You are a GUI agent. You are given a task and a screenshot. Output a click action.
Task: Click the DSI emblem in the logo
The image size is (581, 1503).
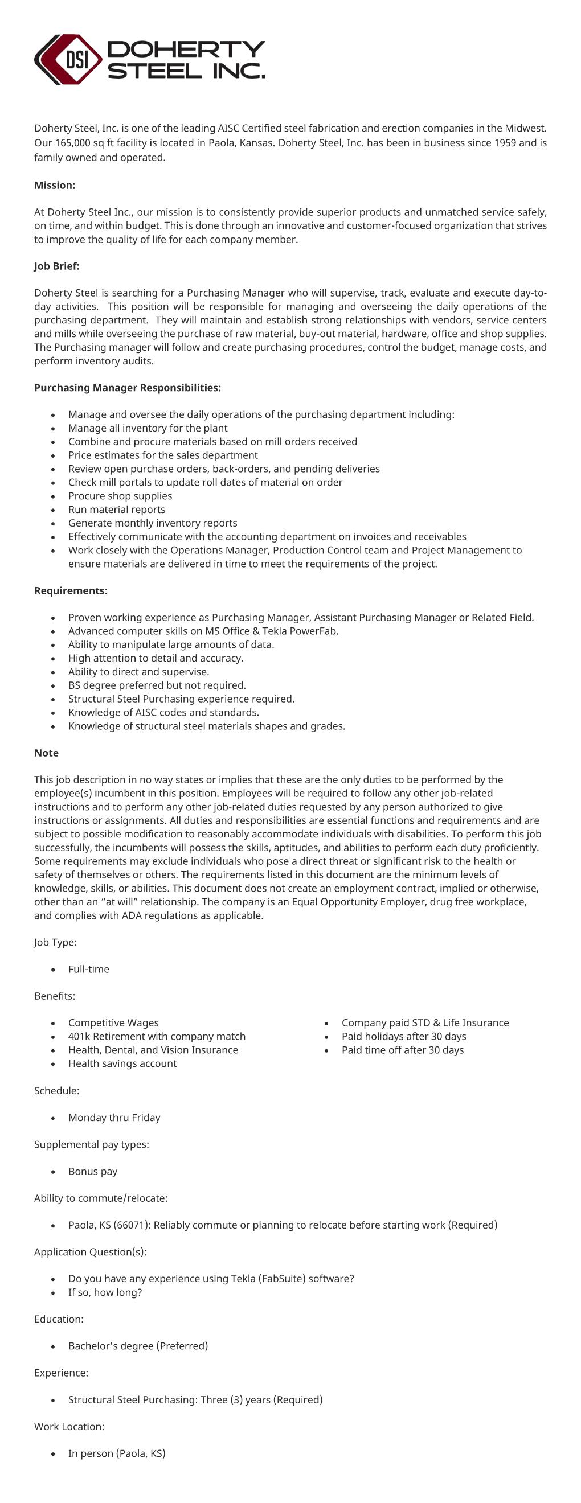point(68,60)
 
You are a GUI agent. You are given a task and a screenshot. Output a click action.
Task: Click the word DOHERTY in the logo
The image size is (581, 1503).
point(186,49)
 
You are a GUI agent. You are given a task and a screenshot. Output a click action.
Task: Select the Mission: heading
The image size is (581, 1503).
point(55,186)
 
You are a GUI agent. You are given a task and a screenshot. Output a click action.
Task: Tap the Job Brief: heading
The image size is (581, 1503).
point(56,266)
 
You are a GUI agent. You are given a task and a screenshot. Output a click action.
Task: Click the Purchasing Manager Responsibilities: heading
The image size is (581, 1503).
point(127,388)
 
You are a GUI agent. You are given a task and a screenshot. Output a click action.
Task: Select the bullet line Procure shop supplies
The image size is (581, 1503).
point(120,496)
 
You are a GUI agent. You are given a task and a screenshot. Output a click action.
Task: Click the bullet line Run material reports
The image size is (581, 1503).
point(116,510)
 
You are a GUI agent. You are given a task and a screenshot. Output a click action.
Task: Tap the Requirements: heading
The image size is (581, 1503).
point(71,591)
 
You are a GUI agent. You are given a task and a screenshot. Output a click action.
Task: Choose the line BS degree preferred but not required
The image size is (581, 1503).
point(157,685)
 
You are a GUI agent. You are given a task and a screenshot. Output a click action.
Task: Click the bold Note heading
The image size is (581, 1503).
point(46,753)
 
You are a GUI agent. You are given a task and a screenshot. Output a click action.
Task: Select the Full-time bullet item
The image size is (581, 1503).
point(88,969)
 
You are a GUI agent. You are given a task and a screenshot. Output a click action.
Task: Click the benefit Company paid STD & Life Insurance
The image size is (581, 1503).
point(425,1023)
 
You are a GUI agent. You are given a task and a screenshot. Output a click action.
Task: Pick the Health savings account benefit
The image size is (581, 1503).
point(122,1063)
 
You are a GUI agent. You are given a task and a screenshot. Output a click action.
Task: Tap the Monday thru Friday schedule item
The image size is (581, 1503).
point(114,1118)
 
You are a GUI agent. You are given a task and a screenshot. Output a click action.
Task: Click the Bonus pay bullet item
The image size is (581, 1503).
point(92,1171)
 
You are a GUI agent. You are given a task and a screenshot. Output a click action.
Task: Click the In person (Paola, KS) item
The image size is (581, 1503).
point(117,1453)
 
